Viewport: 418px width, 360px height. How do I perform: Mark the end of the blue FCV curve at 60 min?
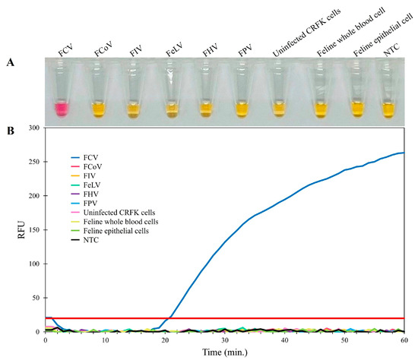(x=404, y=153)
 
